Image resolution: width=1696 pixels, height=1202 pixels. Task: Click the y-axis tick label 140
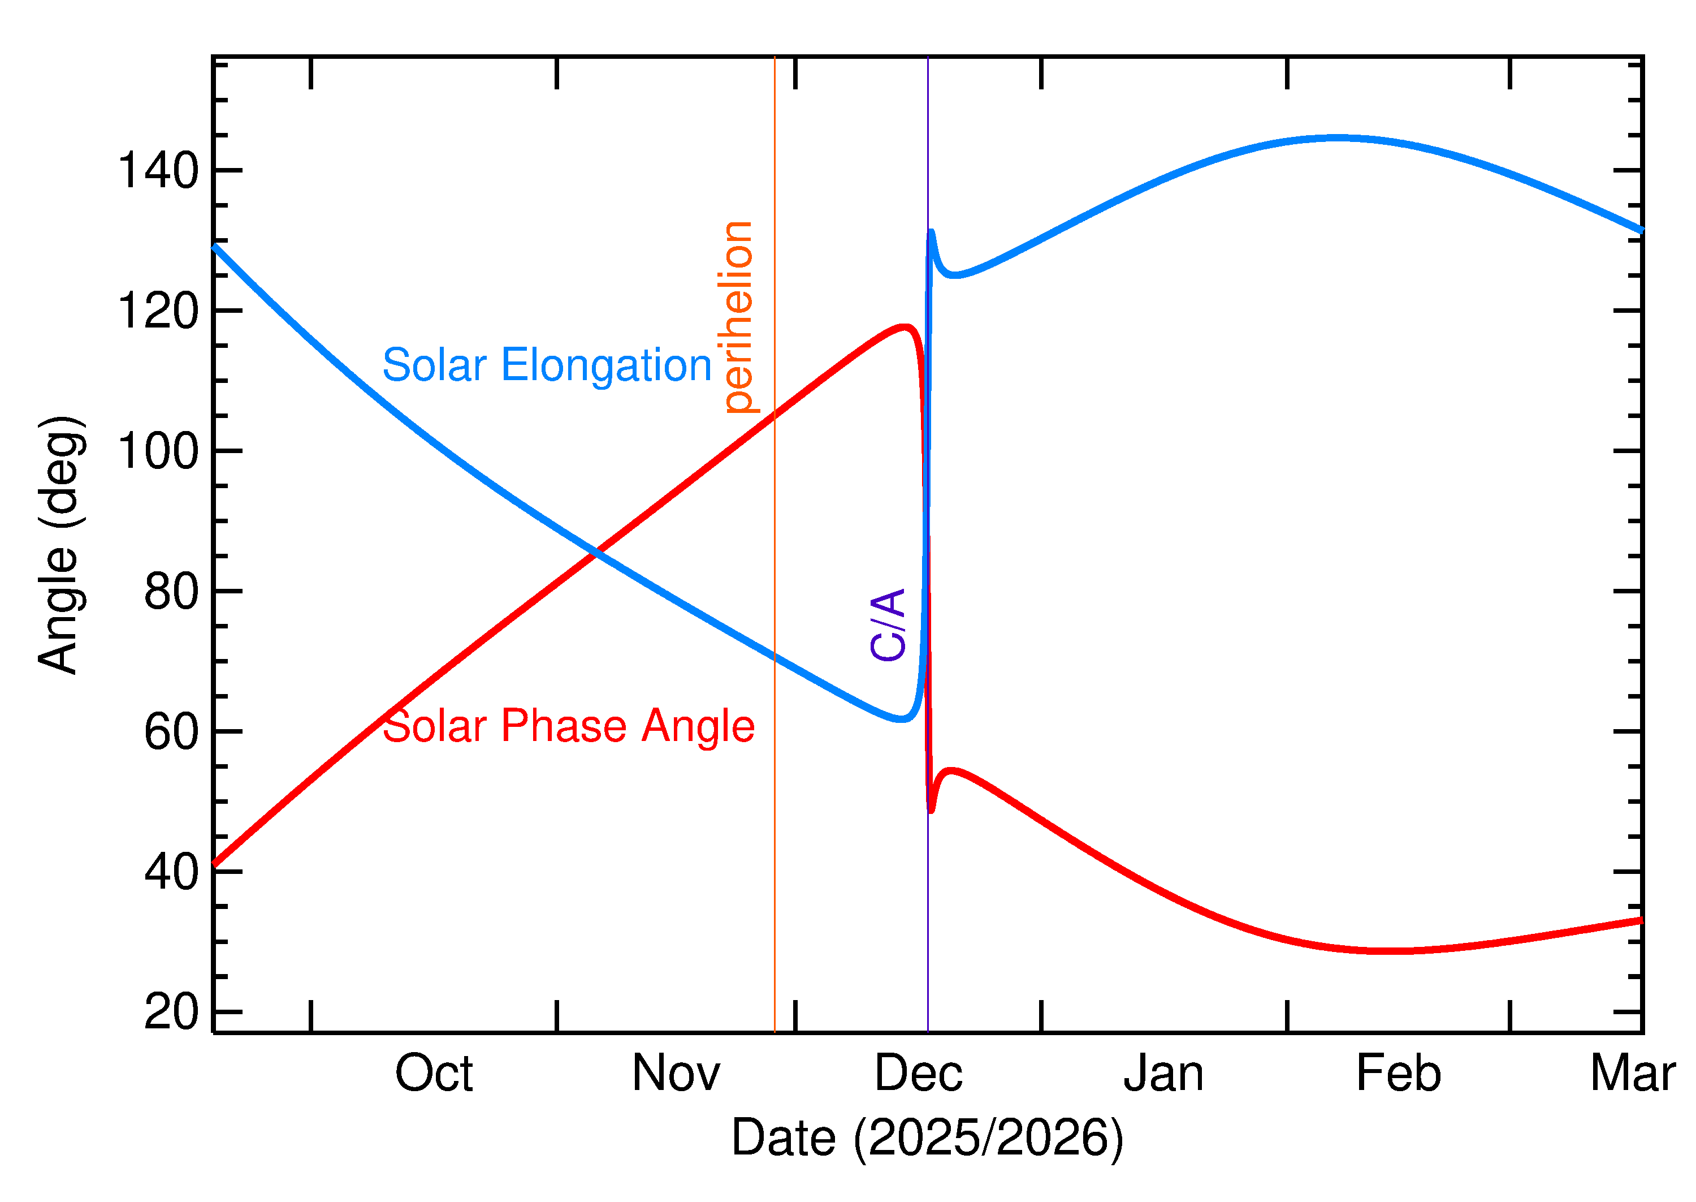pyautogui.click(x=158, y=171)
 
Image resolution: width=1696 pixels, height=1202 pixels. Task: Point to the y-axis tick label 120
pyautogui.click(x=158, y=311)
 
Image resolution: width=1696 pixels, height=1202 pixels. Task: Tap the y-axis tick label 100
pyautogui.click(x=158, y=451)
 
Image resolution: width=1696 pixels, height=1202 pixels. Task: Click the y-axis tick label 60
pyautogui.click(x=171, y=732)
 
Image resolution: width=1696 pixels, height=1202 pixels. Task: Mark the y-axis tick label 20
pyautogui.click(x=171, y=1012)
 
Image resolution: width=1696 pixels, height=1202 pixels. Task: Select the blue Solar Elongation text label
pyautogui.click(x=547, y=365)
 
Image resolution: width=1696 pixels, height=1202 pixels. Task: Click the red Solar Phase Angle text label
pyautogui.click(x=568, y=726)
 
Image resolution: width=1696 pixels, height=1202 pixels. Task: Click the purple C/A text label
pyautogui.click(x=888, y=624)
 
